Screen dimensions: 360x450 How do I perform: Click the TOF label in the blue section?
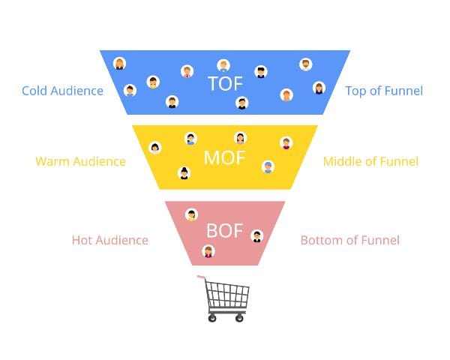coord(226,83)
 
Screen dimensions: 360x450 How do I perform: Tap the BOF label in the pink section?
coord(225,231)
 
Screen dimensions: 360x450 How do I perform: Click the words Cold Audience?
coord(62,91)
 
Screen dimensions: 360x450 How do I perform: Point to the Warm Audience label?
coord(80,161)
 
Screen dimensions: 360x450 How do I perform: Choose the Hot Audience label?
coord(109,240)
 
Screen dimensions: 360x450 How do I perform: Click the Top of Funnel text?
coord(384,91)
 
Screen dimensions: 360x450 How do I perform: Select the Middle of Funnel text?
coord(370,161)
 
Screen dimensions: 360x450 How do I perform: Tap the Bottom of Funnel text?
coord(349,240)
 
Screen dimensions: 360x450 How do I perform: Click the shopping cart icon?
coord(226,298)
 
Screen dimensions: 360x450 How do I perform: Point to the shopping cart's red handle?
coord(201,277)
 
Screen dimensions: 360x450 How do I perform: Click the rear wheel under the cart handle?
coord(212,318)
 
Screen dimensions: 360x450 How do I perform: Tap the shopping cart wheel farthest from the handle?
coord(240,318)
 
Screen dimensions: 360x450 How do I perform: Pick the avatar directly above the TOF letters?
coord(223,65)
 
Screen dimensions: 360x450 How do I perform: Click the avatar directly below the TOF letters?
coord(241,103)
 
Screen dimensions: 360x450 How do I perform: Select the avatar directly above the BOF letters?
coord(191,214)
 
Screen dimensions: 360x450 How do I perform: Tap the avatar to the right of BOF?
coord(257,235)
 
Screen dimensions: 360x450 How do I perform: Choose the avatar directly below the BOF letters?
coord(208,251)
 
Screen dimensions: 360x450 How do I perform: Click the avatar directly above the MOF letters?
coord(240,137)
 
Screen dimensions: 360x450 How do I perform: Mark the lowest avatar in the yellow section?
coord(184,173)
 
